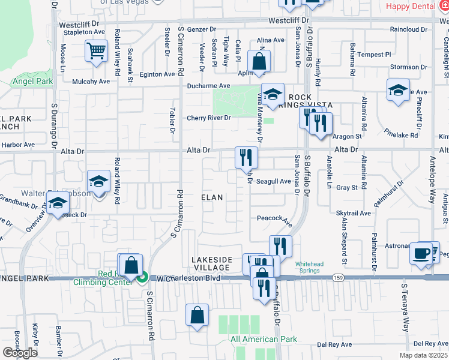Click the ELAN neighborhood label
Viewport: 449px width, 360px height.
(212, 197)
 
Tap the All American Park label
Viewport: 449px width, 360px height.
(264, 339)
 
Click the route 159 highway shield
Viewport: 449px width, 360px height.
(338, 277)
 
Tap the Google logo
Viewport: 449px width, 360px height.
(20, 353)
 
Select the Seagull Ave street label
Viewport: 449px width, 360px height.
(274, 181)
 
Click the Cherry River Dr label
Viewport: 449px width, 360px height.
(208, 118)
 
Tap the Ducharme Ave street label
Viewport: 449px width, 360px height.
(208, 86)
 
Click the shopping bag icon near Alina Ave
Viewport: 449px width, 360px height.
(259, 61)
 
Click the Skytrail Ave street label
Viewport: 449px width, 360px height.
(354, 213)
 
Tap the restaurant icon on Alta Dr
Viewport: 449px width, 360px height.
(247, 157)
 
